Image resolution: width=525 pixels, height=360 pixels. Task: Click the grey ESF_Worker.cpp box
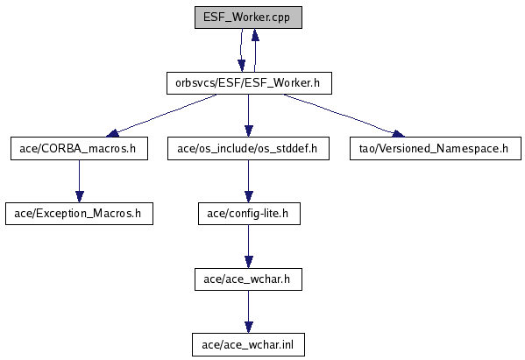coord(248,18)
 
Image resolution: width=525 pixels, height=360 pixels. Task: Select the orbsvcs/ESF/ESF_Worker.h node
coord(249,83)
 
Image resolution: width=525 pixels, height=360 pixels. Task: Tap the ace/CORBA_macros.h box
coord(79,148)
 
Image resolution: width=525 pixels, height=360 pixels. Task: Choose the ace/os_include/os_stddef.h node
coord(248,148)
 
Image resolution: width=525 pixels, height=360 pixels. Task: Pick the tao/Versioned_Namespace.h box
coord(436,148)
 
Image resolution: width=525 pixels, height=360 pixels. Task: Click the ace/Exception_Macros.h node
coord(79,214)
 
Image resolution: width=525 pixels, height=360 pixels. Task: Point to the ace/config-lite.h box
coord(249,214)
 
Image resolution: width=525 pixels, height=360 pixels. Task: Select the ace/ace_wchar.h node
coord(248,279)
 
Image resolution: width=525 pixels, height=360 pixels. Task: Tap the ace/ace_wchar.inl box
coord(248,344)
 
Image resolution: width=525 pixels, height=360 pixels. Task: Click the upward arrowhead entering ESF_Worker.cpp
coord(255,34)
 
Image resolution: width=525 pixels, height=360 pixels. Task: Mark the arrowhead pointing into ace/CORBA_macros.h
coord(112,133)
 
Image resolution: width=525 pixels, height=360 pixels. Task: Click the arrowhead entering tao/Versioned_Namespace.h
coord(399,134)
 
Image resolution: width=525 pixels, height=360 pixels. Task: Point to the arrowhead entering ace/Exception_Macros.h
coord(80,196)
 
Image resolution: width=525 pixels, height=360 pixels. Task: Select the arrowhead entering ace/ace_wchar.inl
coord(248,328)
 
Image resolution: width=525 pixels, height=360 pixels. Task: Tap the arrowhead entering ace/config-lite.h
coord(248,196)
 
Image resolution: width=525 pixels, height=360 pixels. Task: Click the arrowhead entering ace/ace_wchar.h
coord(248,262)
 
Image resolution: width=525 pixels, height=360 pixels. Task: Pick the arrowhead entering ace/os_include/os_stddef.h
coord(248,131)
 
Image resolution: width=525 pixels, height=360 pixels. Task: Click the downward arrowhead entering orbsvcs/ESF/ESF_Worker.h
coord(241,66)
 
